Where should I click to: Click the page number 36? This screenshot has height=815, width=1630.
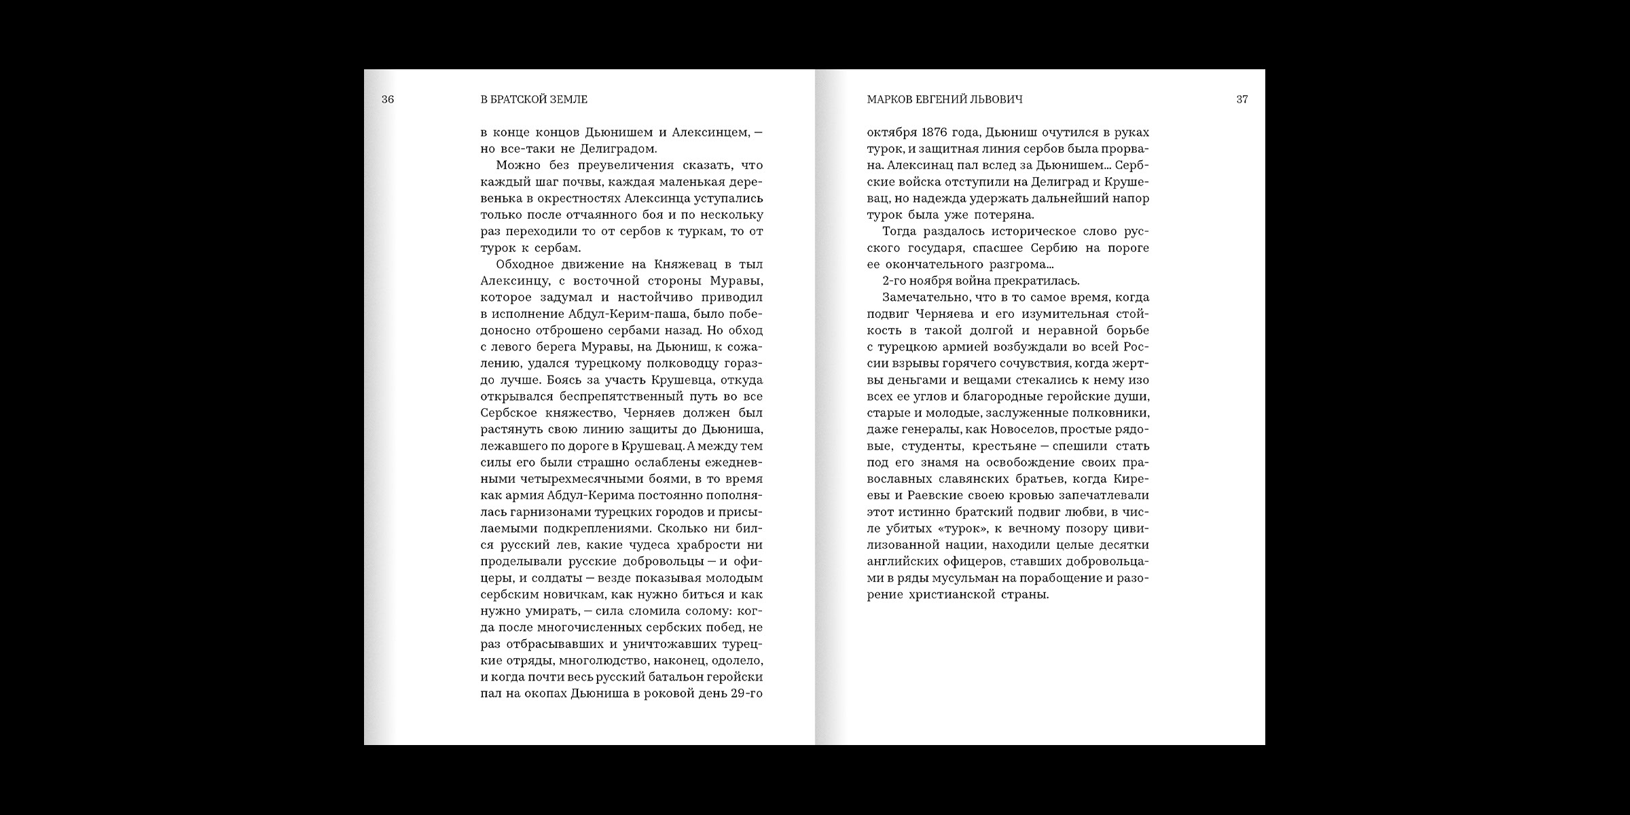tap(387, 99)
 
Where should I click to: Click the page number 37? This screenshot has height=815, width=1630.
tap(1242, 99)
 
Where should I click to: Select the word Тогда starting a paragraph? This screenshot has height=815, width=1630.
tap(900, 232)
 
